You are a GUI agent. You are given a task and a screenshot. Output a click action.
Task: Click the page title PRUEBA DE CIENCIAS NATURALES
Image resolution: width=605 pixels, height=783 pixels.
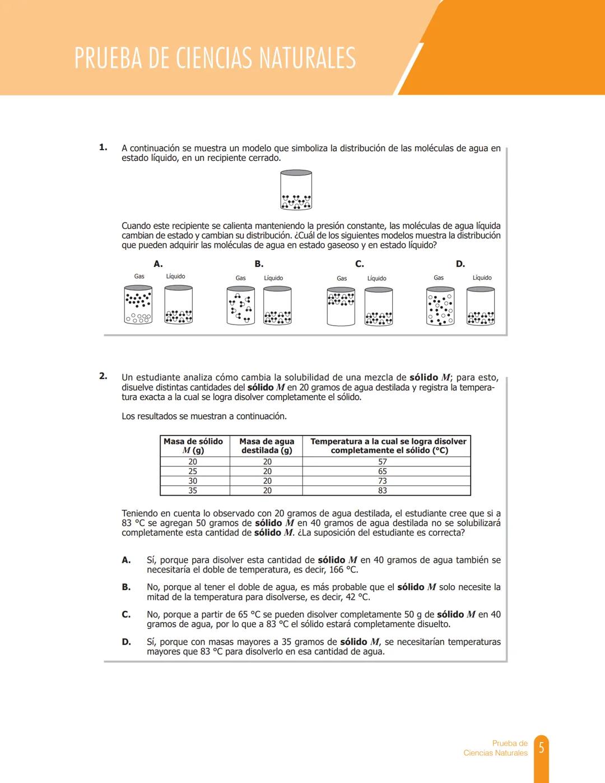[x=215, y=58]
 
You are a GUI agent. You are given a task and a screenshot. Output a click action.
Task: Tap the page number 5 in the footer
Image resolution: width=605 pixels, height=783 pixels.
[x=541, y=748]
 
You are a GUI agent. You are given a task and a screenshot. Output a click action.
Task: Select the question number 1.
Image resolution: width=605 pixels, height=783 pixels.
[x=103, y=147]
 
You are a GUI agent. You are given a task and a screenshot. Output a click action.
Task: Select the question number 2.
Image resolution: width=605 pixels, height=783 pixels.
[x=103, y=376]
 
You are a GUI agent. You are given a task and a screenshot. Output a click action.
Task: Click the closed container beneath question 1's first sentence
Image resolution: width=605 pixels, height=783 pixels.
[x=296, y=191]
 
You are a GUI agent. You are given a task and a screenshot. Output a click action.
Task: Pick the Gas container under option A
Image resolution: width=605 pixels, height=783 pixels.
[x=138, y=304]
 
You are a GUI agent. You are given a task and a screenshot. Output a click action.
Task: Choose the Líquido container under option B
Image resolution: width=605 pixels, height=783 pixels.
[x=277, y=305]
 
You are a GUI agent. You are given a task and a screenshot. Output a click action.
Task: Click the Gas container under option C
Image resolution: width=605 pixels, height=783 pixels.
[x=341, y=306]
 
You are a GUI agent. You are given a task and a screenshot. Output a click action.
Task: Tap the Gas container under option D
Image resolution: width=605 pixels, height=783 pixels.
[x=440, y=306]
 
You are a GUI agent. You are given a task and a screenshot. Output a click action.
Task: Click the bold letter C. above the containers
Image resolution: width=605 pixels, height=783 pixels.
[x=360, y=264]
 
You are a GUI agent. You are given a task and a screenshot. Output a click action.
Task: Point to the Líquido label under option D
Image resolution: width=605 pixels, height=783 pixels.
[x=482, y=277]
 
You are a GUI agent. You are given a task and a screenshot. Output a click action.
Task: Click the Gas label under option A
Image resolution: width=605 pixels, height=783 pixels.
[x=139, y=276]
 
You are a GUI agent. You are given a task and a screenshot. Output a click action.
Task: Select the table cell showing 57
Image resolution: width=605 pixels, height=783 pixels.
[x=383, y=462]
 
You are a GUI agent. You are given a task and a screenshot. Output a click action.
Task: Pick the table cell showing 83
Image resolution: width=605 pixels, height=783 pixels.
[x=383, y=490]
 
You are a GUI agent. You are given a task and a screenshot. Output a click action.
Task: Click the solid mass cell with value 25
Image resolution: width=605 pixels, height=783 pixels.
[x=193, y=471]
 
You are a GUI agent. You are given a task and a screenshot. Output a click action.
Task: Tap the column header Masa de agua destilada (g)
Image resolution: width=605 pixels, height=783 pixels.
[x=267, y=446]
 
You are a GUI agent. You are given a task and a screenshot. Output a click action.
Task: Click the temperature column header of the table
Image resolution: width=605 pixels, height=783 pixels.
[x=388, y=446]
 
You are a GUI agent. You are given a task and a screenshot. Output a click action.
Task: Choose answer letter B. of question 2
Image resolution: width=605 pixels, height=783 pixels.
[x=127, y=587]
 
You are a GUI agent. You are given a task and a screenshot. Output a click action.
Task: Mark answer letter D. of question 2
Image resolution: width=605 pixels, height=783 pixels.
[x=127, y=642]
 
